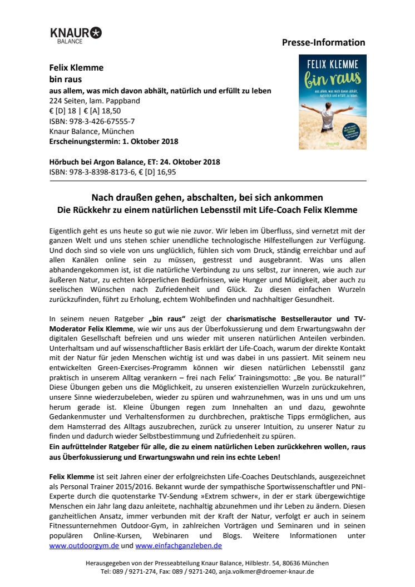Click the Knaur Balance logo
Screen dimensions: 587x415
[76, 35]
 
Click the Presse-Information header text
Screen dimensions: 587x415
[323, 42]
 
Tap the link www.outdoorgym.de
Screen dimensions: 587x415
[84, 546]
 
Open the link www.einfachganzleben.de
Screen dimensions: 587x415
[179, 546]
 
